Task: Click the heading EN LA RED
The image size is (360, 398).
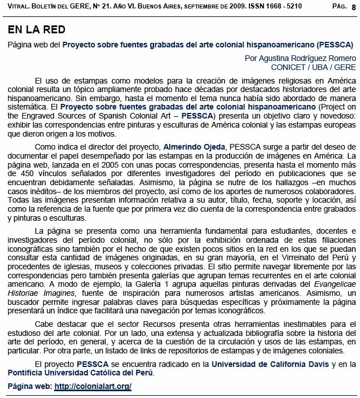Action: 37,29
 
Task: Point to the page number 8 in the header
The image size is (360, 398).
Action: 353,6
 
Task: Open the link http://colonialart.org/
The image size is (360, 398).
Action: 93,387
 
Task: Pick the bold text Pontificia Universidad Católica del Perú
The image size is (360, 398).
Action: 80,373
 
